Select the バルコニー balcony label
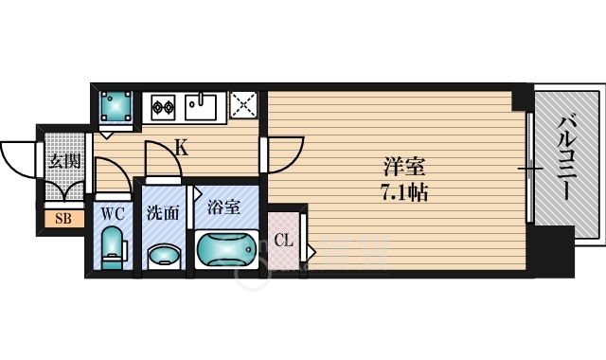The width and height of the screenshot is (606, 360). [565, 156]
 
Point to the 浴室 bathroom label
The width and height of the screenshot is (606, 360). [223, 206]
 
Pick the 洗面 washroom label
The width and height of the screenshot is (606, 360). [162, 212]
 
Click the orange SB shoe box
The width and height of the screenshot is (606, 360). [63, 220]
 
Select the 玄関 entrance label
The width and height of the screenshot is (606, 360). [63, 160]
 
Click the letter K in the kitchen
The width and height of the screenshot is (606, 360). [181, 147]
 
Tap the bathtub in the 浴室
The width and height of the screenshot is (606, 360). [224, 252]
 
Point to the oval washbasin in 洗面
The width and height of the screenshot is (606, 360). [165, 255]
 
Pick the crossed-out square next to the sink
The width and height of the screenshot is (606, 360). [243, 105]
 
